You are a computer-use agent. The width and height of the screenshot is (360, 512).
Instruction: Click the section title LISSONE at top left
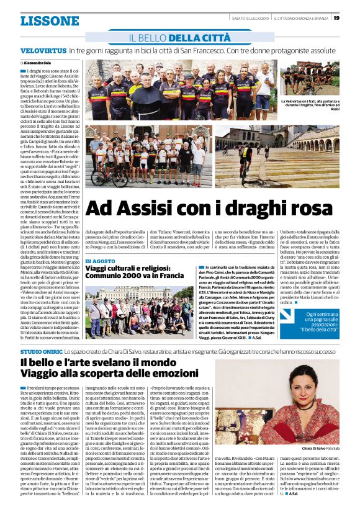(50, 20)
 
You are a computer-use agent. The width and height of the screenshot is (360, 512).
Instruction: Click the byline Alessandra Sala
(38, 63)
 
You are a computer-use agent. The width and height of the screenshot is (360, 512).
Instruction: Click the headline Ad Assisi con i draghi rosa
(207, 209)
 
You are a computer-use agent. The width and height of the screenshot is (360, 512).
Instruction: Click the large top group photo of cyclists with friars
(179, 89)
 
